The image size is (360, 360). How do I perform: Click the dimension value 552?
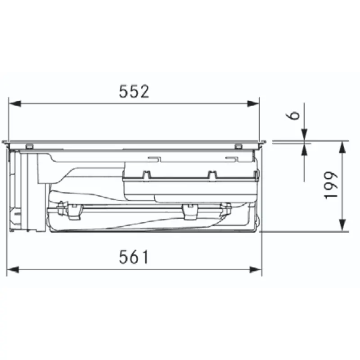[134, 91]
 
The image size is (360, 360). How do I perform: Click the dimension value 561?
[134, 257]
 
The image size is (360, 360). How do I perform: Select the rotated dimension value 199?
[331, 185]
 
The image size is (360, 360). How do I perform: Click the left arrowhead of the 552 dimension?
[15, 104]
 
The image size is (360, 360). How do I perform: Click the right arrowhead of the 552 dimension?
[253, 104]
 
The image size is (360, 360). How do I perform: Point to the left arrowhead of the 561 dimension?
[13, 270]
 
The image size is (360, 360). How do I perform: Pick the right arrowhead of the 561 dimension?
[256, 270]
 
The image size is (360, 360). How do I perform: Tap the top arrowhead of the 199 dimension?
[342, 147]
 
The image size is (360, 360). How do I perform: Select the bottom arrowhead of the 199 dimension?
[342, 225]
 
